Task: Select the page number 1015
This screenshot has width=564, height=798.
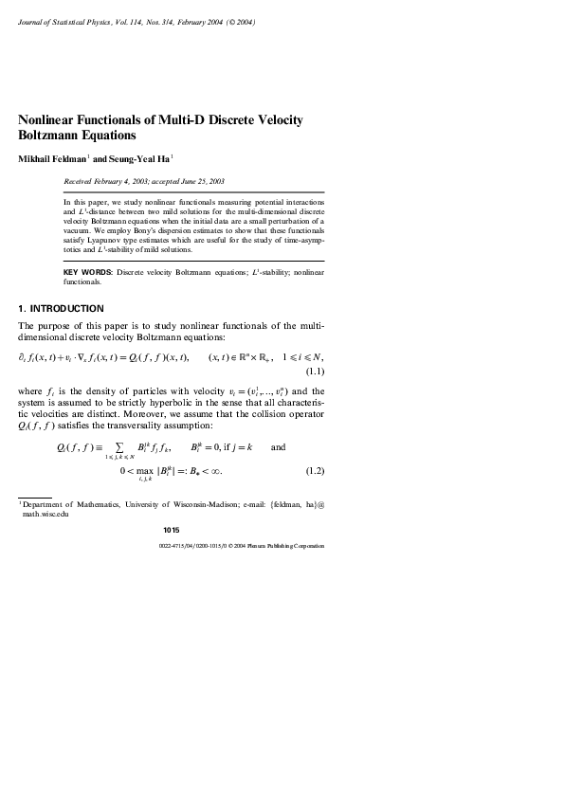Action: tap(172, 530)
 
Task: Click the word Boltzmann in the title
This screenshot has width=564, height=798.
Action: tap(54, 136)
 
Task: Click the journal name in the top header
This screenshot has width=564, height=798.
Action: tap(71, 22)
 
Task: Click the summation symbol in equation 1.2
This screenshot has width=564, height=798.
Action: tap(126, 446)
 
